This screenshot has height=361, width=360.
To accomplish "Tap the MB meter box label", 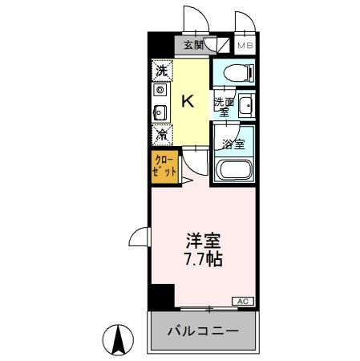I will pos(245,47).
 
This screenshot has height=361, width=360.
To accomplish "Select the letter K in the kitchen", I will pos(188,101).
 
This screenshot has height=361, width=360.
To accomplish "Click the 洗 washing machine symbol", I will pos(161,71).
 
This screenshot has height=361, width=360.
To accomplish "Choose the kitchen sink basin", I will pos(160,112).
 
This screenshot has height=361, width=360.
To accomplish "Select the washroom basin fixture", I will pos(246,105).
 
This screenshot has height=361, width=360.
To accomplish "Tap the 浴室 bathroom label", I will pos(233,145).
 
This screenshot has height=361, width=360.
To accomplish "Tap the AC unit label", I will pos(242,301).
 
